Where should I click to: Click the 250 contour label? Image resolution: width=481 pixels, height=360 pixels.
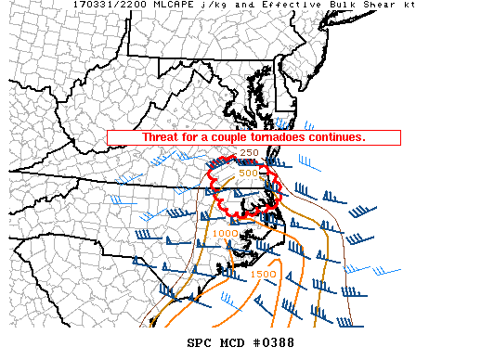[x=249, y=153]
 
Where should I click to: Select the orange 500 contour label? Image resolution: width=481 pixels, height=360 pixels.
[x=248, y=173]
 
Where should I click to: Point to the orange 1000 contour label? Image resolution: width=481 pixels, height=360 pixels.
[x=225, y=233]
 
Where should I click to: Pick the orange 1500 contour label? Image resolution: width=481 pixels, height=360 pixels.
[x=262, y=274]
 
